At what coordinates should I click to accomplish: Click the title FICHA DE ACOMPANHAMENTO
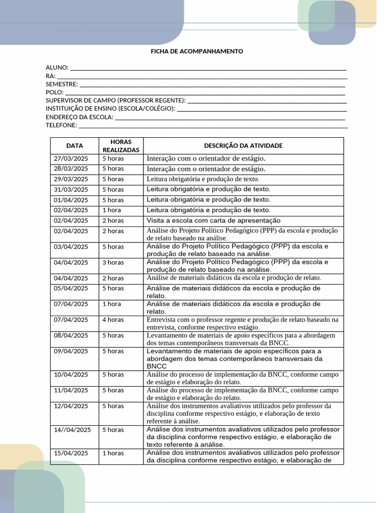coord(197,51)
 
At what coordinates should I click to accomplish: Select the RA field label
coord(50,76)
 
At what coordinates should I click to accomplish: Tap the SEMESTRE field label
coord(62,84)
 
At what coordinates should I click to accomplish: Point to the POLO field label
coord(55,92)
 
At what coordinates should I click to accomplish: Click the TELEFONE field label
coord(62,125)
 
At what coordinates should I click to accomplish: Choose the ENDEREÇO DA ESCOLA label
coord(80,117)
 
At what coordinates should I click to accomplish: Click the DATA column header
coord(75,146)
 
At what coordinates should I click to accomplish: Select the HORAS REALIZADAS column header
coord(121,146)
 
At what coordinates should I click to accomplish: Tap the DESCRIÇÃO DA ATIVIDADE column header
coord(243,146)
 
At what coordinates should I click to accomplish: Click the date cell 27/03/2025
coord(71,158)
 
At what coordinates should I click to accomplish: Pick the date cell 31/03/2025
coord(71,189)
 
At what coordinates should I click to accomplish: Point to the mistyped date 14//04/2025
coord(72,429)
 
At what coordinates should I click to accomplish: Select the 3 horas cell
coord(113,263)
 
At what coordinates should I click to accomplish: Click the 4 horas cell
coord(113,320)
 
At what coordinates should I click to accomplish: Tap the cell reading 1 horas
coord(113,453)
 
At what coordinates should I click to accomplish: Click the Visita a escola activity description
coord(213,220)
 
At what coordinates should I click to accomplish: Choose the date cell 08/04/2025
coord(71,335)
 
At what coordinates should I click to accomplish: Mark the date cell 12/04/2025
coord(71,406)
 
